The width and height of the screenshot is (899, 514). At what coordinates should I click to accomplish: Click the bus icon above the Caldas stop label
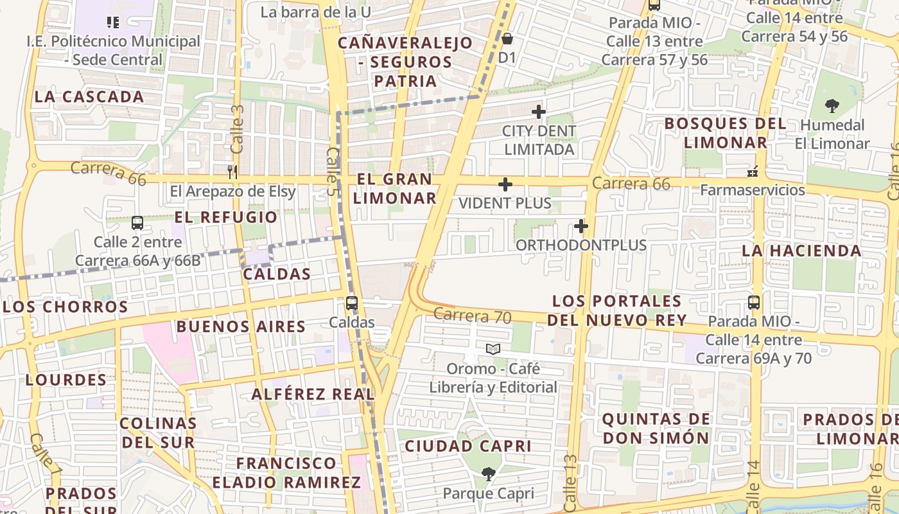pyautogui.click(x=351, y=303)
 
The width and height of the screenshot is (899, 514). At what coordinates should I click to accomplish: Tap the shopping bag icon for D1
pyautogui.click(x=507, y=39)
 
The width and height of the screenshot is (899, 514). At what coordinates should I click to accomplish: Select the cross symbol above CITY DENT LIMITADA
pyautogui.click(x=538, y=112)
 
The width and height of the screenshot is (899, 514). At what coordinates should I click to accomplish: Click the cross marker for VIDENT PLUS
pyautogui.click(x=505, y=185)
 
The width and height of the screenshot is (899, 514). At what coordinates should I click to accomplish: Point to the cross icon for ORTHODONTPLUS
pyautogui.click(x=581, y=226)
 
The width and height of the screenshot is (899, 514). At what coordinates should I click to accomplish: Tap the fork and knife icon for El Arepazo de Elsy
pyautogui.click(x=232, y=172)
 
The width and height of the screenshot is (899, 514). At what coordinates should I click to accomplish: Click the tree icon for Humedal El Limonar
pyautogui.click(x=832, y=105)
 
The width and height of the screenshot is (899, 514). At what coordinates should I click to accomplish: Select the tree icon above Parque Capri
pyautogui.click(x=488, y=474)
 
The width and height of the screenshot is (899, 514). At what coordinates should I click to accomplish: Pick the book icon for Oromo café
pyautogui.click(x=493, y=349)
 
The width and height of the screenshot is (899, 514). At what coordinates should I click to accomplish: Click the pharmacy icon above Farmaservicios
pyautogui.click(x=753, y=171)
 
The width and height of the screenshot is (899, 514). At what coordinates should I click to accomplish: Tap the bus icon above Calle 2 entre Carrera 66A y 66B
pyautogui.click(x=137, y=223)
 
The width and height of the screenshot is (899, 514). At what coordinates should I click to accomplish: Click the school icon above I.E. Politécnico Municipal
pyautogui.click(x=113, y=23)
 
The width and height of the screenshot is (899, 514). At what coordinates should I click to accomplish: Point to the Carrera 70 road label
pyautogui.click(x=472, y=315)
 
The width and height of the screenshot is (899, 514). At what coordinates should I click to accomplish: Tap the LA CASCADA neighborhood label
pyautogui.click(x=89, y=97)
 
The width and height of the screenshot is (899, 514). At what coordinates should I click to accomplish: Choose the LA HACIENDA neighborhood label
pyautogui.click(x=801, y=251)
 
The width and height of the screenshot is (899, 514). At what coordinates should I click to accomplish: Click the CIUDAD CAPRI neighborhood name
pyautogui.click(x=468, y=446)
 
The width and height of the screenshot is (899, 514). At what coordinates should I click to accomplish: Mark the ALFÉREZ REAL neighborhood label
pyautogui.click(x=313, y=394)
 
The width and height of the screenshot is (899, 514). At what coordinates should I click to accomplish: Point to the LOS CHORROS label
pyautogui.click(x=65, y=306)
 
